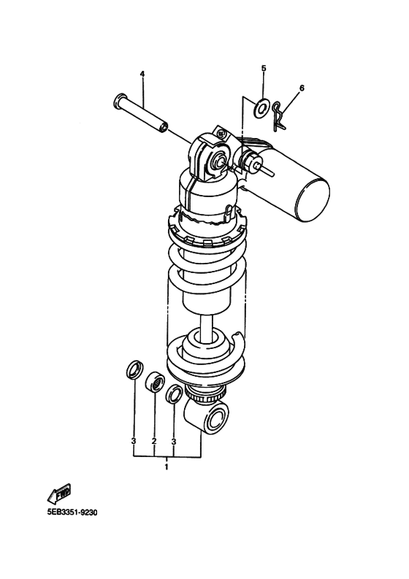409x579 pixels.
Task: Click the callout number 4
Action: (142, 74)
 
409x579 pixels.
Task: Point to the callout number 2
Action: (154, 441)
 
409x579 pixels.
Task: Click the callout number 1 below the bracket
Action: (167, 466)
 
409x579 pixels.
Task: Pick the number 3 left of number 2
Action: (134, 441)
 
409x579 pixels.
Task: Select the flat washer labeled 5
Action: (261, 110)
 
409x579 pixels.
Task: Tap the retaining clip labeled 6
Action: (278, 116)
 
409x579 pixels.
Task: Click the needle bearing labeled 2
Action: (154, 382)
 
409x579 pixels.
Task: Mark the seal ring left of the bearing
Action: (134, 369)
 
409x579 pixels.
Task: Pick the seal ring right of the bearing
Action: (175, 394)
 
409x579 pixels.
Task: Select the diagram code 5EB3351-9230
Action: (72, 512)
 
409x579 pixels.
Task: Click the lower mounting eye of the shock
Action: (217, 420)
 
